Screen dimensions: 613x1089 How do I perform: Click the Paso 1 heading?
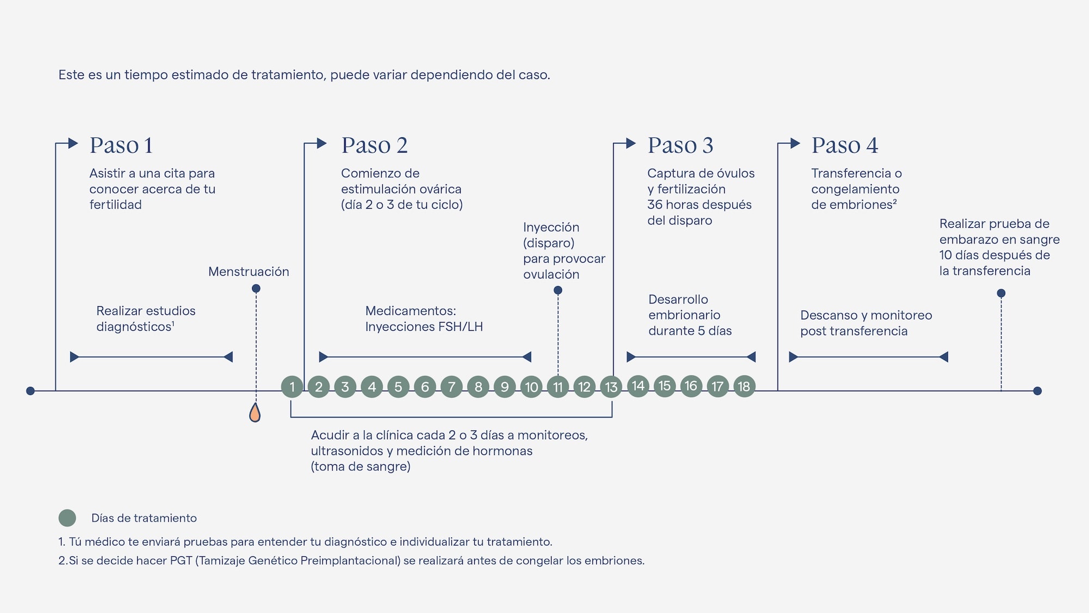pyautogui.click(x=121, y=145)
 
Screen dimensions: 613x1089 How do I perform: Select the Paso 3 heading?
pyautogui.click(x=680, y=145)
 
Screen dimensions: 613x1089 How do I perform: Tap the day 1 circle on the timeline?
pyautogui.click(x=292, y=387)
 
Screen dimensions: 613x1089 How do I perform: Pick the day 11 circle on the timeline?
pyautogui.click(x=558, y=387)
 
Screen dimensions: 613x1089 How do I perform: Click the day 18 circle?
pyautogui.click(x=744, y=386)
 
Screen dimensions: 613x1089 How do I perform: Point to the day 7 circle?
pyautogui.click(x=451, y=387)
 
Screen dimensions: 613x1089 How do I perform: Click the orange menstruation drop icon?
pyautogui.click(x=255, y=412)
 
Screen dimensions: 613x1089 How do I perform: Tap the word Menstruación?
pyautogui.click(x=248, y=271)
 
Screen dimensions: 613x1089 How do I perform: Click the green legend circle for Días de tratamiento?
pyautogui.click(x=68, y=518)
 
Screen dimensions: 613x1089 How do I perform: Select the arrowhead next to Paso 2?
pyautogui.click(x=322, y=143)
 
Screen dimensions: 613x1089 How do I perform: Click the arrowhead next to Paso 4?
pyautogui.click(x=796, y=143)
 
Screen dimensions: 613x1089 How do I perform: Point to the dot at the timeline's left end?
pyautogui.click(x=30, y=391)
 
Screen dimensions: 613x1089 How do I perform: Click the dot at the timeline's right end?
pyautogui.click(x=1037, y=391)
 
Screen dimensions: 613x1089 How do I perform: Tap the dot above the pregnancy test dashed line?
pyautogui.click(x=1001, y=293)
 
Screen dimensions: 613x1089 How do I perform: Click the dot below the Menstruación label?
pyautogui.click(x=256, y=288)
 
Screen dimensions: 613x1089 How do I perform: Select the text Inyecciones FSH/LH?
pyautogui.click(x=424, y=326)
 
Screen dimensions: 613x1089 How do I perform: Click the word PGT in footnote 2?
pyautogui.click(x=181, y=560)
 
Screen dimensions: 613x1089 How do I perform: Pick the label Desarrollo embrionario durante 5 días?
pyautogui.click(x=689, y=315)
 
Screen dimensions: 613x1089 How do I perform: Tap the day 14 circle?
pyautogui.click(x=638, y=386)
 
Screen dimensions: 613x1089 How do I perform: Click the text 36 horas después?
pyautogui.click(x=699, y=204)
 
